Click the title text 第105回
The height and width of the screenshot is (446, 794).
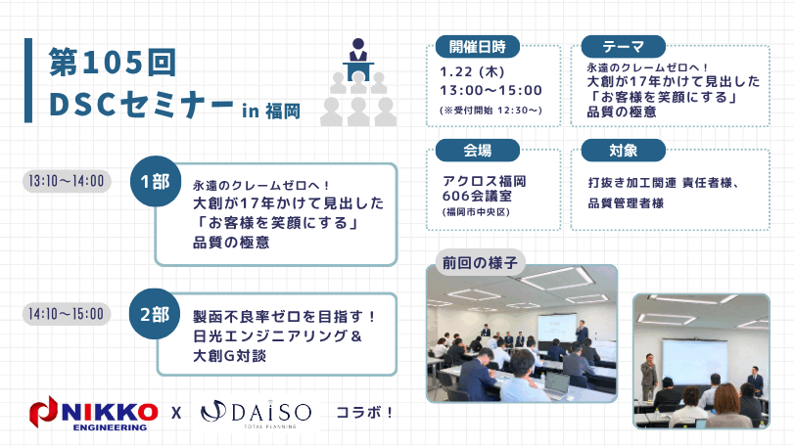[x=113, y=63]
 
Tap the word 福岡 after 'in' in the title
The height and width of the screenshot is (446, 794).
[x=283, y=111]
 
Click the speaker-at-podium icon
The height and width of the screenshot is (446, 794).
[x=358, y=82]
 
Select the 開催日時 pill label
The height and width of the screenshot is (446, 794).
[x=477, y=47]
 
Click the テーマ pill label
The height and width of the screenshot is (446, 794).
[x=623, y=47]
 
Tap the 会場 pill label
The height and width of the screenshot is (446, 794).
[x=477, y=151]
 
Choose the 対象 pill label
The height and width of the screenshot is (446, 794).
[x=623, y=151]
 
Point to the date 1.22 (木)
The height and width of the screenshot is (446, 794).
[x=472, y=71]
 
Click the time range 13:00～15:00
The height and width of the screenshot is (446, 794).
[x=490, y=91]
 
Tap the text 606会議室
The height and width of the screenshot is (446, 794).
[x=477, y=196]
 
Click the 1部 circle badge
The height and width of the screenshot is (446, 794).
[x=155, y=181]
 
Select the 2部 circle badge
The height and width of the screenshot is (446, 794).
[x=155, y=314]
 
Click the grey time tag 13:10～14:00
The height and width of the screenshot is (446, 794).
[x=67, y=181]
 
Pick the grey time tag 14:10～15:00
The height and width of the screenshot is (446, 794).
[x=67, y=314]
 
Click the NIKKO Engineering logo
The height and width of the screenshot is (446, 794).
[x=93, y=413]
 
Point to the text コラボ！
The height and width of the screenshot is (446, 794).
[x=364, y=413]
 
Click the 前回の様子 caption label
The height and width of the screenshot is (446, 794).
[x=480, y=262]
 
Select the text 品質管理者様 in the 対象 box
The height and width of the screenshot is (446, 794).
[x=626, y=203]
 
